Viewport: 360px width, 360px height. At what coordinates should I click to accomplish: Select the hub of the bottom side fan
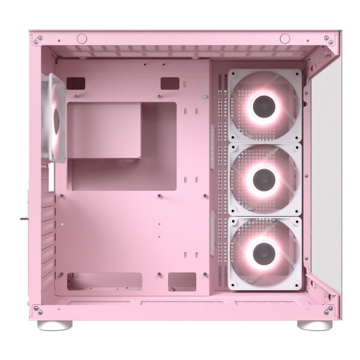click(265, 254)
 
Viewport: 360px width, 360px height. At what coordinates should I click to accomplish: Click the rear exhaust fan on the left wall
click(57, 118)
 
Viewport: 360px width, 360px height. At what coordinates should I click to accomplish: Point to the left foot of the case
click(55, 325)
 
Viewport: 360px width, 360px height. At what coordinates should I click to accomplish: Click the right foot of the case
click(314, 325)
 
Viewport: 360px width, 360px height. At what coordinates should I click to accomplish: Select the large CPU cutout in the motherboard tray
click(122, 146)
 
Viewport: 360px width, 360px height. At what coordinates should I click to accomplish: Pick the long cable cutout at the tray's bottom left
click(104, 281)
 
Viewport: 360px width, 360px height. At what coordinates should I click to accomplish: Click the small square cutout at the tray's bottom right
click(182, 281)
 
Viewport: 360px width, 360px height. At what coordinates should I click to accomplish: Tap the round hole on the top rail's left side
click(82, 39)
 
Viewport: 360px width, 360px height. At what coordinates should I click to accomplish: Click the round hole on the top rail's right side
click(285, 39)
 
